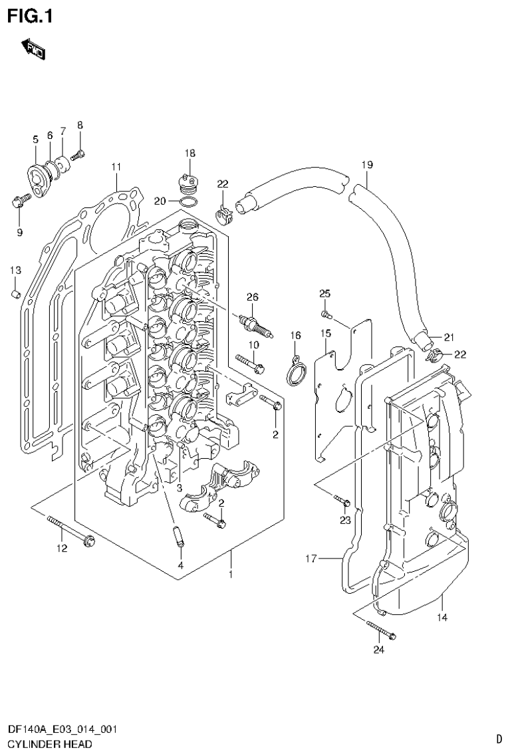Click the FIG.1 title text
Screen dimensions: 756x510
click(29, 15)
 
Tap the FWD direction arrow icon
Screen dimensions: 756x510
click(33, 50)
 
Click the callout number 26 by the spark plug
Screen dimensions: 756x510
click(252, 297)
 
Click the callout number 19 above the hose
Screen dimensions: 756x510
click(366, 164)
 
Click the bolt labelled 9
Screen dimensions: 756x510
click(19, 200)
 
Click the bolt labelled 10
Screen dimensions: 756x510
click(250, 363)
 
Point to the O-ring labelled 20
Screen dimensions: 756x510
click(189, 201)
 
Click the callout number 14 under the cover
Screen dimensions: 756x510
click(442, 618)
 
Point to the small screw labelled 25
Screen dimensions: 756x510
click(325, 313)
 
